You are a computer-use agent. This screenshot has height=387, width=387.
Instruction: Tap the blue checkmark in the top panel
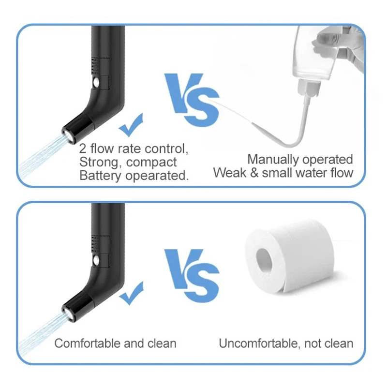pyautogui.click(x=131, y=125)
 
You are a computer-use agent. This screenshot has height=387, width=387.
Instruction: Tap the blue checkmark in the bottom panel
pyautogui.click(x=132, y=293)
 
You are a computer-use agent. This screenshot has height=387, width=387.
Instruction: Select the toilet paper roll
pyautogui.click(x=290, y=257)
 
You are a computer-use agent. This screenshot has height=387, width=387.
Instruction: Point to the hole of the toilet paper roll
pyautogui.click(x=264, y=261)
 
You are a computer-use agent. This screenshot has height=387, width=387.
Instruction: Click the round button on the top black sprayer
pyautogui.click(x=96, y=82)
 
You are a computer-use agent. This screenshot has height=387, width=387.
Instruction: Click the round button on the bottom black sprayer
pyautogui.click(x=96, y=260)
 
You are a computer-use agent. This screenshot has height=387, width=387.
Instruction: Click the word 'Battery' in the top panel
pyautogui.click(x=101, y=176)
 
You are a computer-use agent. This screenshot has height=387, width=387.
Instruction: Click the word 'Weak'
pyautogui.click(x=230, y=173)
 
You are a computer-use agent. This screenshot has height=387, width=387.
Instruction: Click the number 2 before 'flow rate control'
pyautogui.click(x=83, y=149)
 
